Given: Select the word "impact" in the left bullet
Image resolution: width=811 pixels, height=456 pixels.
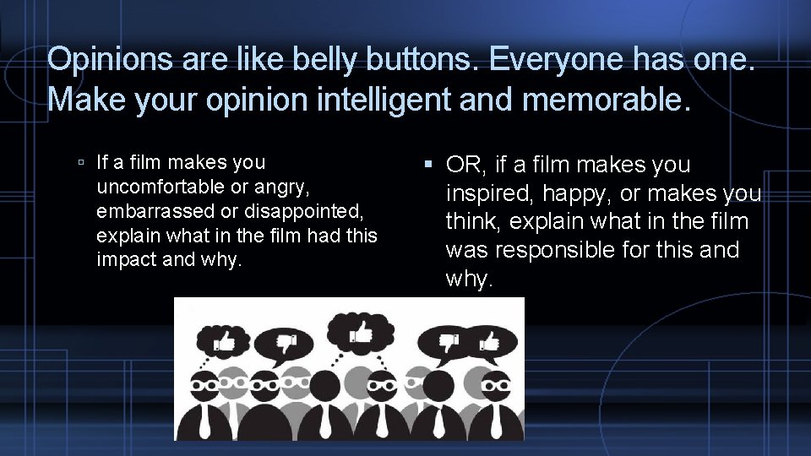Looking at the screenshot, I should coord(126,259).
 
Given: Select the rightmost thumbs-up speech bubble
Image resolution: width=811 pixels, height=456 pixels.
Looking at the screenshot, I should coord(488,343).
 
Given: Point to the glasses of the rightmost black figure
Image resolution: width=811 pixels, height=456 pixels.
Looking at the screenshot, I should coord(496,381).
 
